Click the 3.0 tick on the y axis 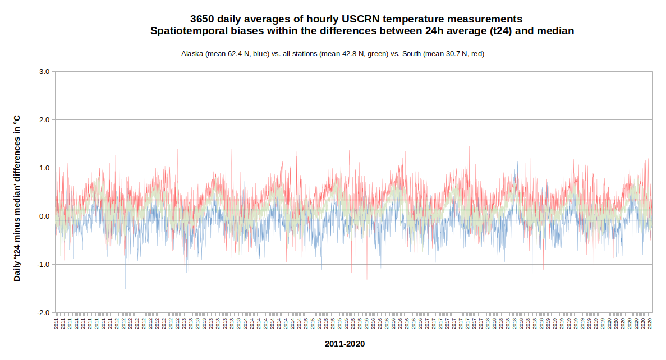(44, 72)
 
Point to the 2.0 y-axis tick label (44, 120)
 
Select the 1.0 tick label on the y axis (44, 168)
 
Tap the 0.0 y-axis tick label (44, 216)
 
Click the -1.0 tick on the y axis (43, 265)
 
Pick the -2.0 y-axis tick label (43, 313)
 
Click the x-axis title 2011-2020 (345, 344)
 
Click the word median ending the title (555, 31)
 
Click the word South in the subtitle (412, 54)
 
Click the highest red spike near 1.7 (467, 135)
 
